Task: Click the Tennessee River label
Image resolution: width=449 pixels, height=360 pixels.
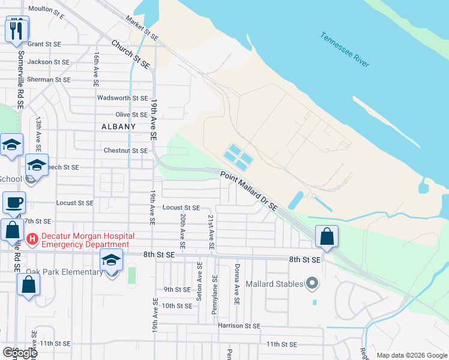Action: coord(345,49)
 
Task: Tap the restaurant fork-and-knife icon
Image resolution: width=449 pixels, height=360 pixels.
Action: coord(16,28)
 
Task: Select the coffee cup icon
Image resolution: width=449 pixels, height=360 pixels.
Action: coord(14,202)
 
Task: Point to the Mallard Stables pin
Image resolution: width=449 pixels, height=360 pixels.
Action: coord(312,283)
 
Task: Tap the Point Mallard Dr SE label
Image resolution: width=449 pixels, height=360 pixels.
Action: coord(249,191)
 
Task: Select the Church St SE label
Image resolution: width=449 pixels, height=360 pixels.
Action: coord(130,53)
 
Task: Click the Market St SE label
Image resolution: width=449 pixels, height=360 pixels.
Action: coord(142,28)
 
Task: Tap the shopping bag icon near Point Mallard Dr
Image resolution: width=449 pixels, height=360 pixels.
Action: coord(327,236)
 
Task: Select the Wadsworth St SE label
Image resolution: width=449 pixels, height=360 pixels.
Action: coord(122,97)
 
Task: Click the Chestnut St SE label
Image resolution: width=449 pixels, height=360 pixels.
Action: coord(125,151)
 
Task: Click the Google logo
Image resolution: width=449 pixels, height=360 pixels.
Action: coord(20,353)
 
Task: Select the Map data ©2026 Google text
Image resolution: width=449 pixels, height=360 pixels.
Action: coord(411,355)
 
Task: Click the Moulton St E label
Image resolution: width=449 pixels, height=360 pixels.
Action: coord(46,10)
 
